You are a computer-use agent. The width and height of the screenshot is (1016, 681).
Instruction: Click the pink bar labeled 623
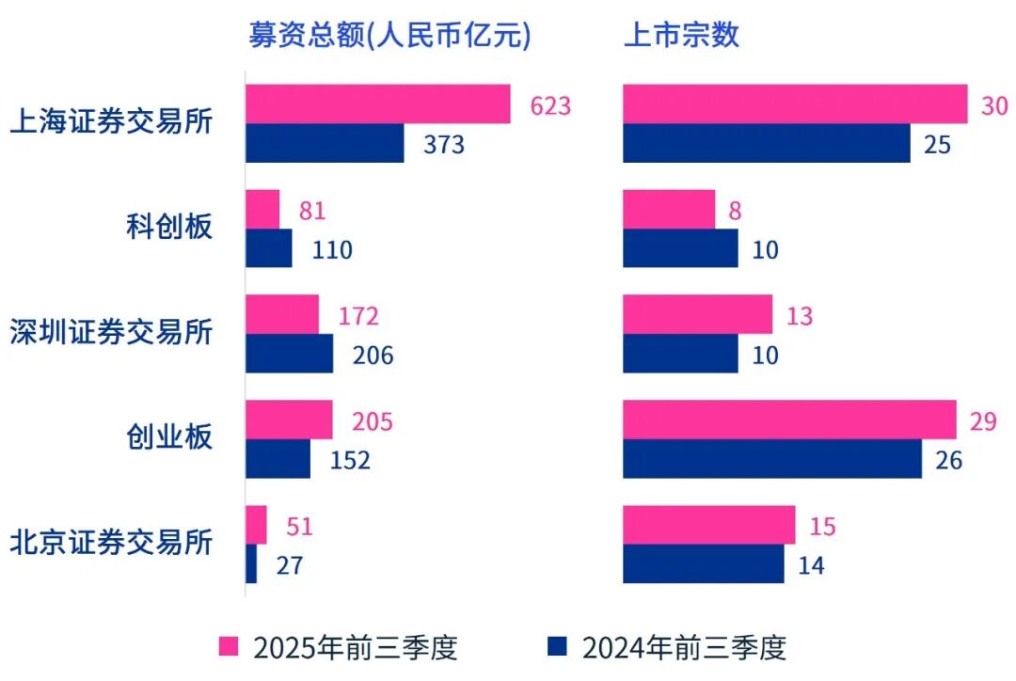coord(378,104)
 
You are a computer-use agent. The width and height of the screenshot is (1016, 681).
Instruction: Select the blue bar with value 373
coord(325,144)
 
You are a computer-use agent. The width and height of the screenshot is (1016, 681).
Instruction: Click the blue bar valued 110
coord(269,249)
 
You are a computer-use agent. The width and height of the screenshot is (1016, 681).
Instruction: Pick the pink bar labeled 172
coord(282,315)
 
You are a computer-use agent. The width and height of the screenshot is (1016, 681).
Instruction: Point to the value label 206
coord(373,356)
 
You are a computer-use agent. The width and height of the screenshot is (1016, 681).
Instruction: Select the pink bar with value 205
coord(289,420)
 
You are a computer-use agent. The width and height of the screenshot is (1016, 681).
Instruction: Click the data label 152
coord(350,460)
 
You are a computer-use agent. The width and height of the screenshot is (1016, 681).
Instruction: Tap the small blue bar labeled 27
coord(251,564)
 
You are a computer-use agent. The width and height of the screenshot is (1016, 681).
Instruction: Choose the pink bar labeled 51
coord(256,525)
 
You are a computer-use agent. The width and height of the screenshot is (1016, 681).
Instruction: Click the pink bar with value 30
coord(795,104)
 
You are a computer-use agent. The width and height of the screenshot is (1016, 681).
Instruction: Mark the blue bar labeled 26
coord(772,459)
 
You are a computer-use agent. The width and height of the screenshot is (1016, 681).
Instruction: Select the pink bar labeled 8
coord(669,210)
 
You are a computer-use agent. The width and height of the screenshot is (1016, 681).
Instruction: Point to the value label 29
coord(983,420)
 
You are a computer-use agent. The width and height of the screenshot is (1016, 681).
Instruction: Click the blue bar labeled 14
coord(704,564)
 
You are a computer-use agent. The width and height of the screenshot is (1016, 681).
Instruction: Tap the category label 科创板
coord(169,226)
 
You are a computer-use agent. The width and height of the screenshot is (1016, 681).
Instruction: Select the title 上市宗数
coord(682,35)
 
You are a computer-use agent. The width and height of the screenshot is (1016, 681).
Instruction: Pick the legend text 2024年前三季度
coord(684,647)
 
